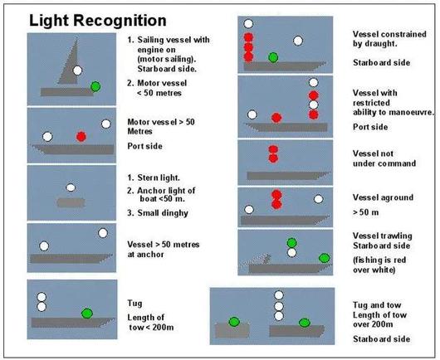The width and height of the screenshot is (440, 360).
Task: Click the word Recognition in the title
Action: click(x=120, y=21)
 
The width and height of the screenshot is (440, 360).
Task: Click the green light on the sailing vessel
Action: click(x=95, y=86)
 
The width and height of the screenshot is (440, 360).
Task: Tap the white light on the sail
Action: click(x=77, y=71)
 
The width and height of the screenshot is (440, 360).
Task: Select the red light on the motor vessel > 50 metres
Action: click(x=81, y=137)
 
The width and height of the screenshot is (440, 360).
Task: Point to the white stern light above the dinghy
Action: click(x=71, y=187)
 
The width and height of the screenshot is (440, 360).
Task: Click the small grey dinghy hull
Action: click(x=71, y=202)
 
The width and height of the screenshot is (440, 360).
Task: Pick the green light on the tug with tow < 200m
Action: click(x=87, y=314)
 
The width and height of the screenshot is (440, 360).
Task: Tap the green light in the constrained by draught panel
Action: click(x=273, y=57)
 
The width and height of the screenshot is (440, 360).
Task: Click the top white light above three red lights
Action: click(x=248, y=24)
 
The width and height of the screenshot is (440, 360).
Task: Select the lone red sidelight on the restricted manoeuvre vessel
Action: click(x=276, y=118)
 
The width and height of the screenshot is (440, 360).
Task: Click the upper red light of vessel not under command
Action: click(x=273, y=149)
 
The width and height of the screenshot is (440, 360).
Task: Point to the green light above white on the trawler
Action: click(x=292, y=243)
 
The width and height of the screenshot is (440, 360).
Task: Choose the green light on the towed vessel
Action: click(x=234, y=322)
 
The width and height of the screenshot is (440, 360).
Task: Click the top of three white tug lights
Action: click(x=279, y=295)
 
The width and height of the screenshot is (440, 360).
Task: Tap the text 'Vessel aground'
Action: click(x=383, y=197)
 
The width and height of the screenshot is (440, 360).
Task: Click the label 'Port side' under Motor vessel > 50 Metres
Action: click(x=144, y=146)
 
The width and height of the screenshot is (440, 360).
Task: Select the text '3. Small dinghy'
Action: click(x=158, y=213)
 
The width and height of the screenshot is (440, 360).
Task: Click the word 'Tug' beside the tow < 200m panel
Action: click(x=134, y=304)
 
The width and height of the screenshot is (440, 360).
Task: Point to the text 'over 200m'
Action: click(x=373, y=324)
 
